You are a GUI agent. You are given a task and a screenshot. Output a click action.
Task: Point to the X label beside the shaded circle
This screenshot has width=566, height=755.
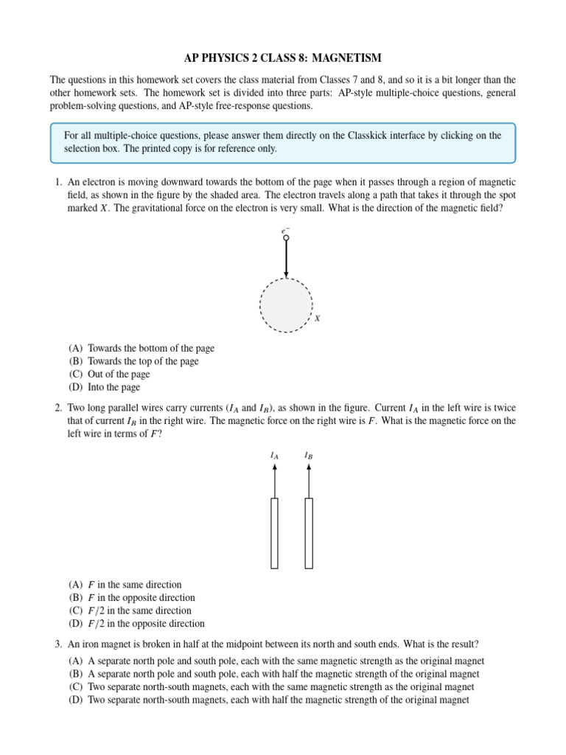tap(318, 319)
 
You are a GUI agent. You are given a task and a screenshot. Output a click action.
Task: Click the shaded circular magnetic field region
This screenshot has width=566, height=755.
tap(286, 305)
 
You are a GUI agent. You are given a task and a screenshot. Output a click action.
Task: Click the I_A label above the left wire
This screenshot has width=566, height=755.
tap(274, 456)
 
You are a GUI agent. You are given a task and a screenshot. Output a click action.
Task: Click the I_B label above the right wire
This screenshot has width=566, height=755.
tap(309, 456)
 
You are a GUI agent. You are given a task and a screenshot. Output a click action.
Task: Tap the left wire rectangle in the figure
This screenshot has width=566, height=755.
tap(274, 533)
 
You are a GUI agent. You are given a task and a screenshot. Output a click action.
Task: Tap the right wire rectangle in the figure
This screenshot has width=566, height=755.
tap(309, 533)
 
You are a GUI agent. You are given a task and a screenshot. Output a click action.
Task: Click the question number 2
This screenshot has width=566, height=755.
tap(57, 408)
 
